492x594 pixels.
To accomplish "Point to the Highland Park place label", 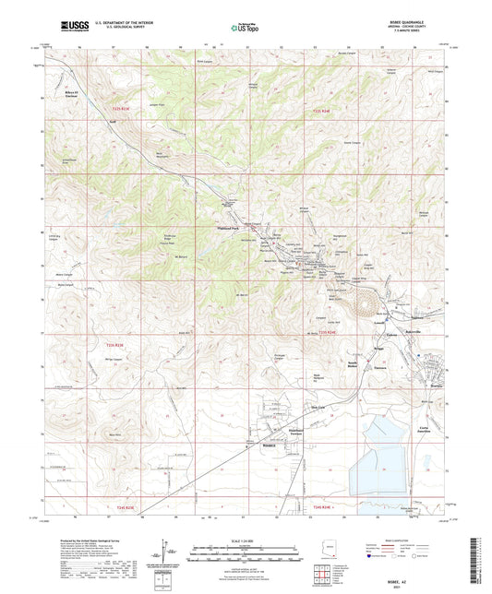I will click(228, 227).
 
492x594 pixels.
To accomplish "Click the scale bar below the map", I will click(246, 552).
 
